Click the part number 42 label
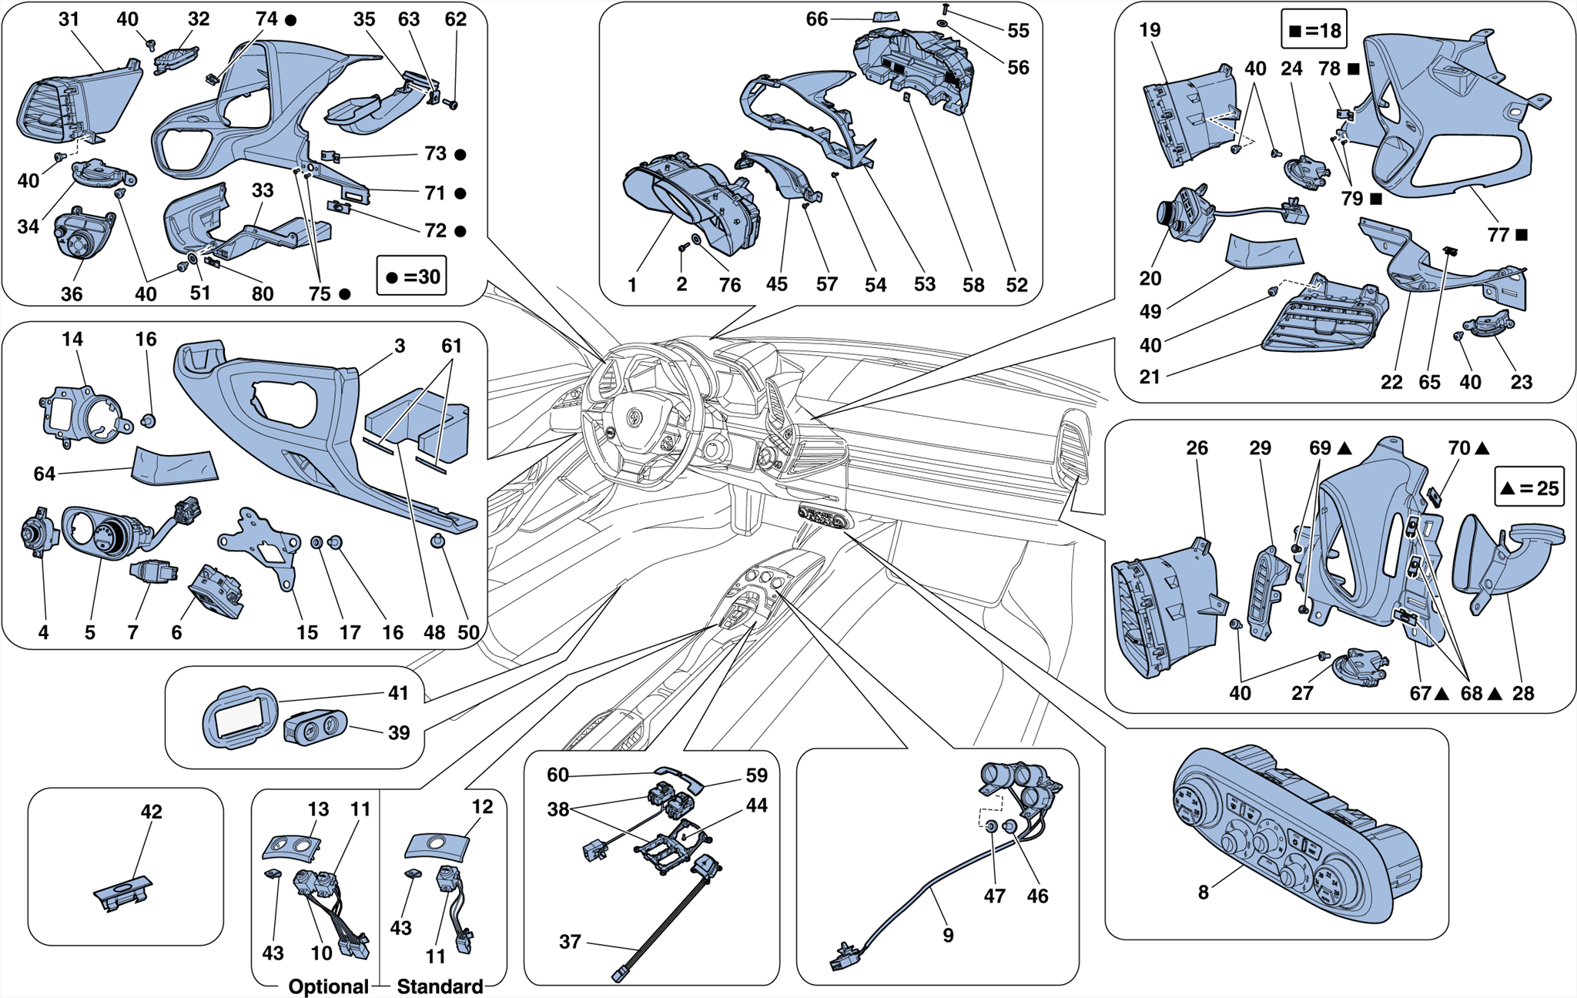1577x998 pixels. click(152, 812)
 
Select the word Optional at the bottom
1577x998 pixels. click(328, 986)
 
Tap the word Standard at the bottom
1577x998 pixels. click(440, 986)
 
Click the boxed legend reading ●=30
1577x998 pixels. click(412, 276)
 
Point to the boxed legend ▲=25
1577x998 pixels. click(1529, 487)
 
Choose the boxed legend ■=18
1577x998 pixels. click(1314, 31)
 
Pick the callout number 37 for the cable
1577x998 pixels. click(570, 942)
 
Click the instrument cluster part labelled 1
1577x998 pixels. click(689, 204)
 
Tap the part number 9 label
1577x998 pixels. click(948, 935)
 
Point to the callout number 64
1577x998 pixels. click(44, 474)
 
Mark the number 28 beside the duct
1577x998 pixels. click(1523, 693)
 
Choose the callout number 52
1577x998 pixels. click(1016, 285)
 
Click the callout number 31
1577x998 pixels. click(69, 19)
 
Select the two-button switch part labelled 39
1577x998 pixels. click(314, 727)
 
